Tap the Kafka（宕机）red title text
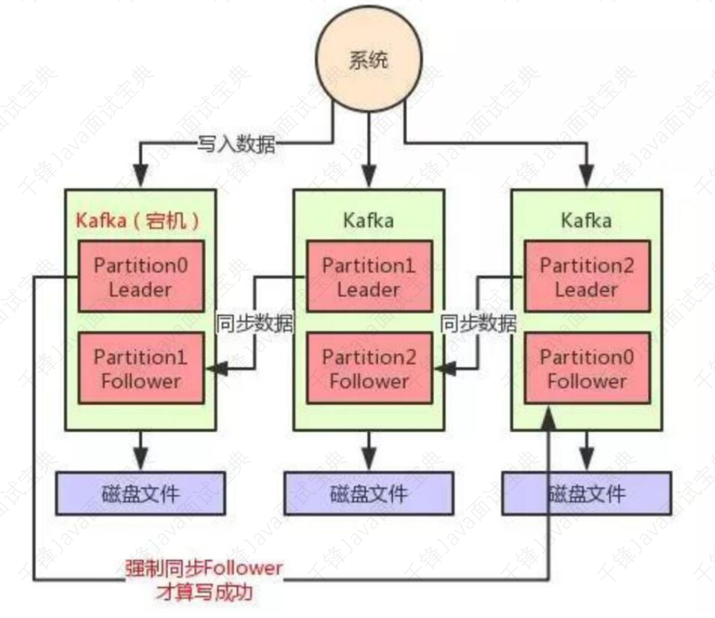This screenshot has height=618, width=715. (x=137, y=219)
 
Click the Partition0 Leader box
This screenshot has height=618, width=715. (x=141, y=276)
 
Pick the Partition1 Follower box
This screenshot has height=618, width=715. (x=141, y=368)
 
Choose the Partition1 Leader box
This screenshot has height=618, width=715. (x=368, y=276)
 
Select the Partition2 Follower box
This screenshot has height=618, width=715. (x=368, y=368)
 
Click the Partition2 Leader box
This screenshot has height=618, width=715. (x=586, y=276)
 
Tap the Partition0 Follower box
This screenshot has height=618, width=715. (x=586, y=368)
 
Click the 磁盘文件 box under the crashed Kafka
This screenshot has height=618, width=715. (x=141, y=492)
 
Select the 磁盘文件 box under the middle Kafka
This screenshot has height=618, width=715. (x=368, y=492)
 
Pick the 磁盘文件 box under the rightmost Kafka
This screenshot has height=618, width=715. (x=586, y=492)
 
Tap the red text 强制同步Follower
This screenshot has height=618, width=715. (x=203, y=568)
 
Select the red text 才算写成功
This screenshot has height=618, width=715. (x=203, y=592)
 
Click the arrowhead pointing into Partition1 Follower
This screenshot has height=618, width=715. (x=214, y=369)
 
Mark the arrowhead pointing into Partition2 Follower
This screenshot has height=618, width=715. (x=443, y=369)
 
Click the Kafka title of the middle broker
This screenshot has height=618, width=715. (x=368, y=219)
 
